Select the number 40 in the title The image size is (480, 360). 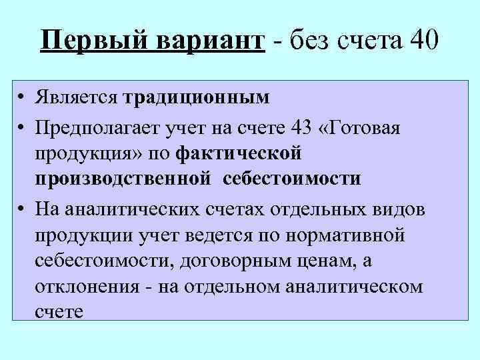[x=421, y=41]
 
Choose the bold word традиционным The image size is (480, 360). [x=197, y=98]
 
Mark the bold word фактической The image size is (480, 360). [x=241, y=153]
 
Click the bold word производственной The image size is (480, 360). [x=124, y=178]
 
